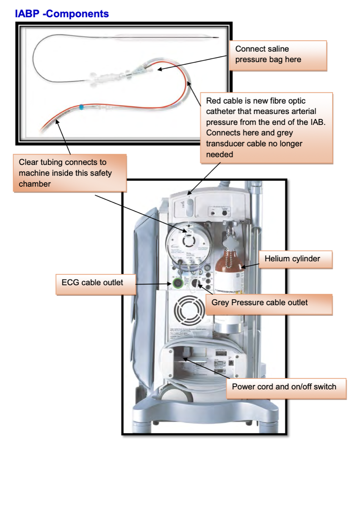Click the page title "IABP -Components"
click(62, 14)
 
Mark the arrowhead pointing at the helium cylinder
click(243, 267)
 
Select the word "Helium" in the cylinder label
click(277, 259)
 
